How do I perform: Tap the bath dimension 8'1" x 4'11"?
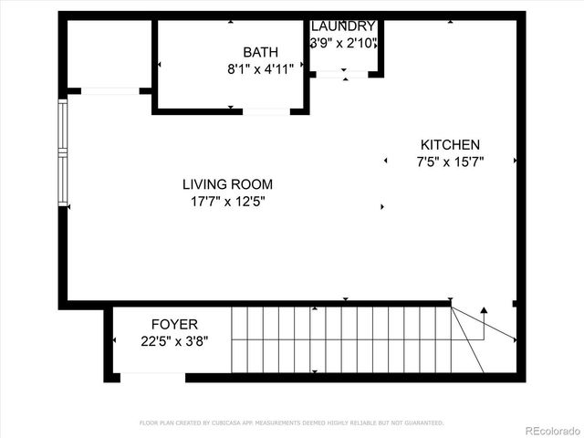click(260, 68)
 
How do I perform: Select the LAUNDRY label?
click(343, 26)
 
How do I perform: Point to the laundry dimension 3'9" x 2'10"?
click(343, 43)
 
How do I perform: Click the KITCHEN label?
click(449, 144)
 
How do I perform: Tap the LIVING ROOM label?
click(227, 183)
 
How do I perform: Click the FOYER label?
click(173, 324)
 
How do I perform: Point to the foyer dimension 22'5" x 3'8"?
click(173, 341)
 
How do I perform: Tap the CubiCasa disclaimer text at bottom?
click(291, 422)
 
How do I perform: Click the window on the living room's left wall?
click(63, 151)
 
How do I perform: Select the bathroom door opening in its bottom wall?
click(266, 111)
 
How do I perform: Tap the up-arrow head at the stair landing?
click(485, 310)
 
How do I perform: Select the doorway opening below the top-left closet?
click(109, 90)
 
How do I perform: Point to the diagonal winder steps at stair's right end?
click(470, 338)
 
